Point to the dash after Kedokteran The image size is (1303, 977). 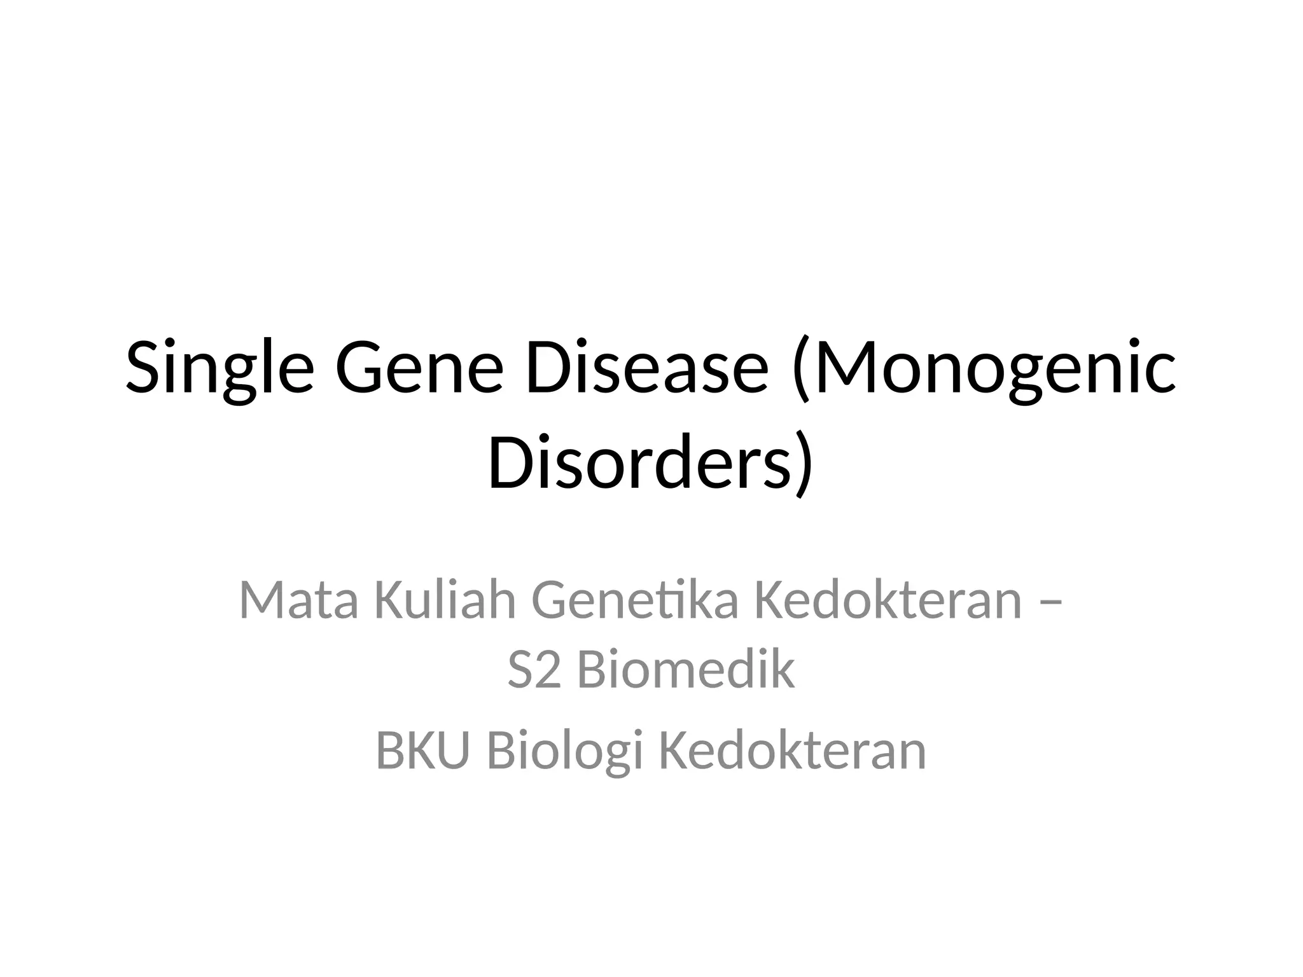tap(1049, 601)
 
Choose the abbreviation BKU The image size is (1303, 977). tap(422, 751)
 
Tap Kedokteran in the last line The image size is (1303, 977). tap(791, 751)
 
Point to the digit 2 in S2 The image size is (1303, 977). tap(548, 671)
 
